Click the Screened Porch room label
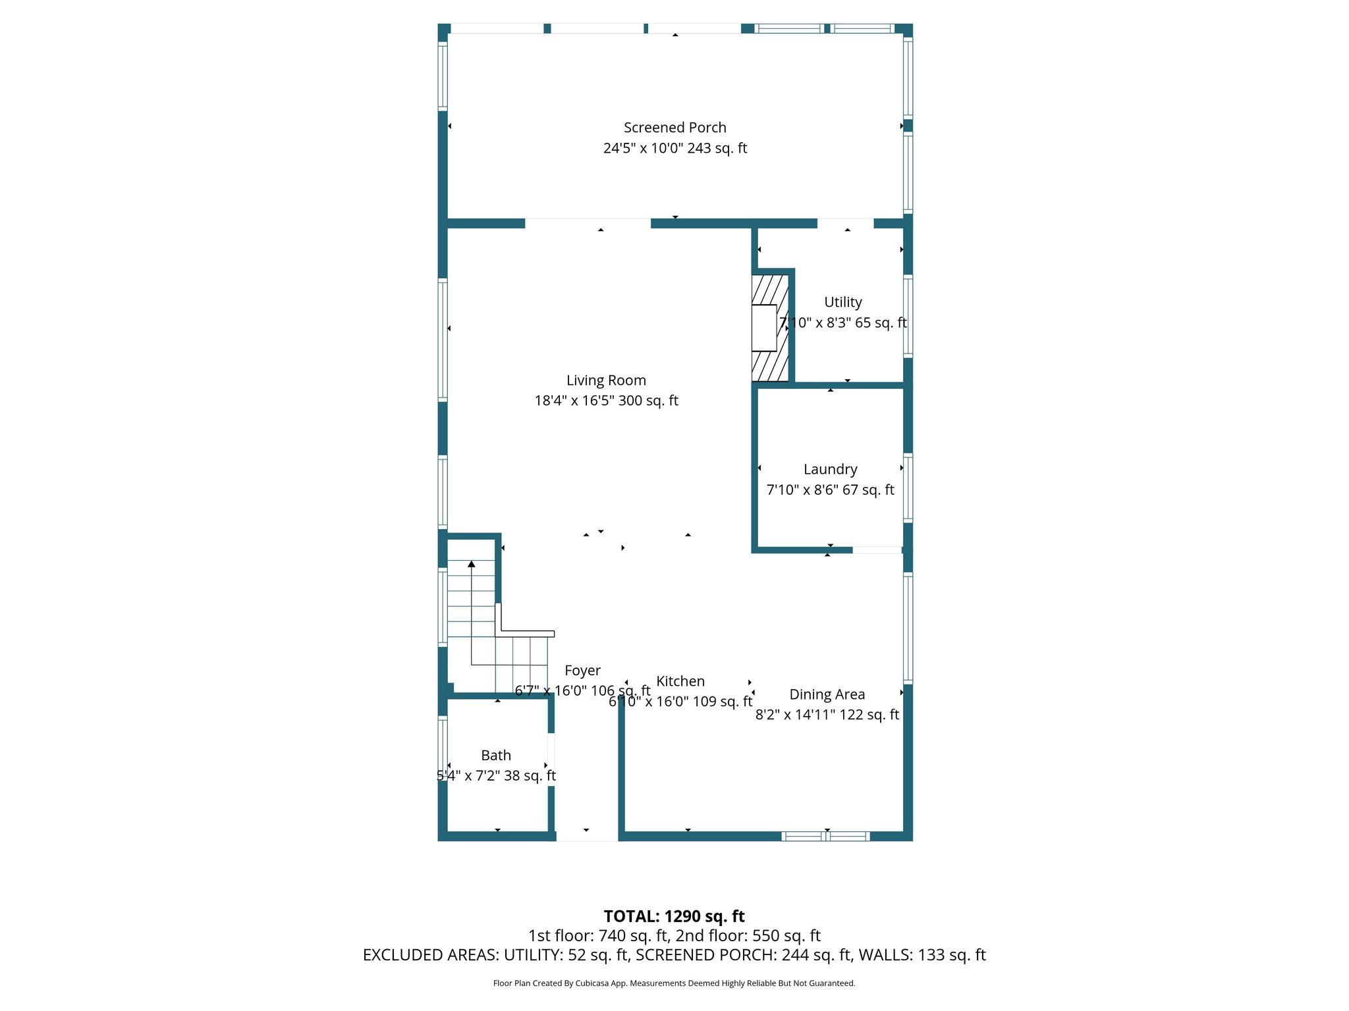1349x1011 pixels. click(674, 128)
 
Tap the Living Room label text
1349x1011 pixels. click(606, 380)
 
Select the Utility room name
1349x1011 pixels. click(842, 302)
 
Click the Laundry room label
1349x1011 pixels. click(830, 469)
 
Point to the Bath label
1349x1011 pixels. click(496, 756)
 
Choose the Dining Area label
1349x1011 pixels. click(827, 694)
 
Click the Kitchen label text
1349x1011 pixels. click(680, 681)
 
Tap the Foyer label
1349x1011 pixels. click(582, 671)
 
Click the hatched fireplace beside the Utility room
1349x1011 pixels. click(769, 328)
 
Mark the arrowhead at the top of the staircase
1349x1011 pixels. click(472, 564)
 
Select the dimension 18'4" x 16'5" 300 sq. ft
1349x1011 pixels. click(606, 401)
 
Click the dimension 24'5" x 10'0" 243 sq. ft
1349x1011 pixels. click(674, 149)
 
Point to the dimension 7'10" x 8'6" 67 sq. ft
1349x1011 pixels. click(830, 490)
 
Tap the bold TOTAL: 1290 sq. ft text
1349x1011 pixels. click(674, 916)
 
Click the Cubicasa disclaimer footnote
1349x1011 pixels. click(674, 983)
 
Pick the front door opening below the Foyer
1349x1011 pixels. click(587, 836)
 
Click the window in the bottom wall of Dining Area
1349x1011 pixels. click(825, 837)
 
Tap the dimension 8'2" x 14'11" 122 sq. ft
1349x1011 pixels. click(827, 715)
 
